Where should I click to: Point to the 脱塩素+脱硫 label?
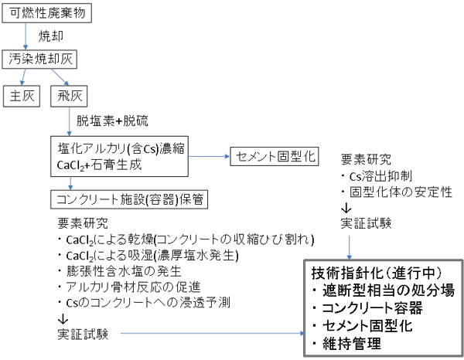click(113, 121)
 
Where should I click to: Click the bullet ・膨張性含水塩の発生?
click(118, 271)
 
